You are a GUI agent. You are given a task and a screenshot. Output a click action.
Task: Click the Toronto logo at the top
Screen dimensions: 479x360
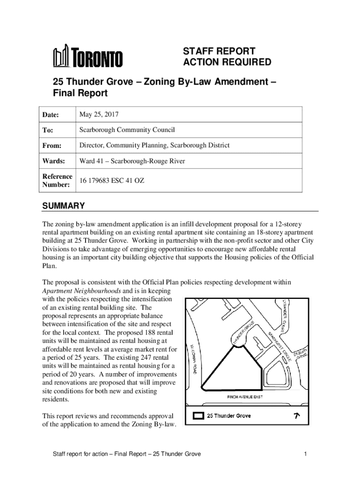(x=87, y=57)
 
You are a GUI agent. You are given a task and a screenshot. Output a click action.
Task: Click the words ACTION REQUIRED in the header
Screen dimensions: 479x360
(x=226, y=63)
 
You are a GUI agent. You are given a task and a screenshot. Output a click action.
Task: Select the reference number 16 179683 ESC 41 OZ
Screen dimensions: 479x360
(x=112, y=180)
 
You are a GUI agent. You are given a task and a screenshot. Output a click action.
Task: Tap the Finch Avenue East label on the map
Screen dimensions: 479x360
(x=245, y=397)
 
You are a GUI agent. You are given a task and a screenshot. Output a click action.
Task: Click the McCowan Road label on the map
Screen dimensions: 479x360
(x=193, y=359)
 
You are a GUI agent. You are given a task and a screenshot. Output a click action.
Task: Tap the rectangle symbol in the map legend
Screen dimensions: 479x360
(x=198, y=415)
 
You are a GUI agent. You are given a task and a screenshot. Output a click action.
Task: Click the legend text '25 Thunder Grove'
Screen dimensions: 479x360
(x=229, y=415)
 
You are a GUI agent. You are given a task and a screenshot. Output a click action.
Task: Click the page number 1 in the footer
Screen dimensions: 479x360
(x=304, y=454)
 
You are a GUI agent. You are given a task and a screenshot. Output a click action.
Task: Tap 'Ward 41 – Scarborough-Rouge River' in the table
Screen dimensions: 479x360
(x=132, y=161)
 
